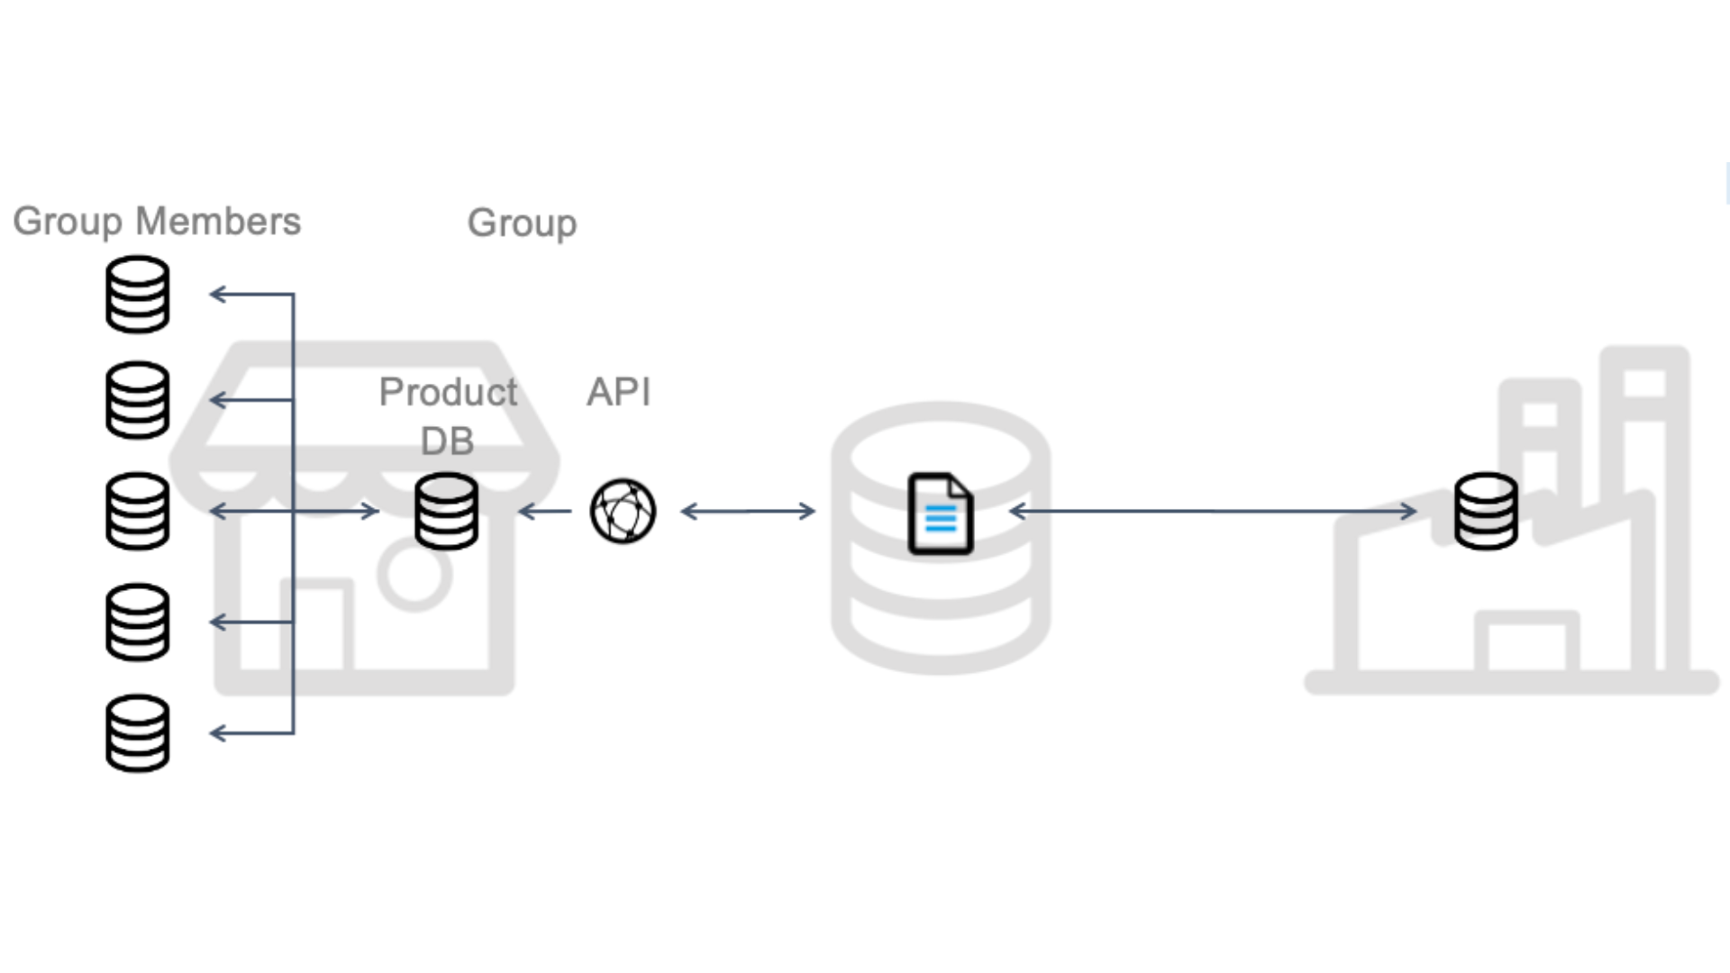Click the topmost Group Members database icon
tap(137, 295)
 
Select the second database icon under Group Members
tap(137, 400)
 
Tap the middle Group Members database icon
tap(137, 511)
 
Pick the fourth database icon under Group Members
tap(137, 622)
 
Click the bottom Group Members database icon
tap(137, 732)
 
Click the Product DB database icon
tap(446, 511)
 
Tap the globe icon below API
tap(623, 511)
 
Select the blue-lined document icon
tap(940, 514)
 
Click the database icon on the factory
tap(1486, 511)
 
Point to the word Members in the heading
tap(218, 222)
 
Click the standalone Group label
tap(522, 223)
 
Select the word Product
tap(448, 392)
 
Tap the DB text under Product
tap(447, 441)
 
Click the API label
tap(618, 392)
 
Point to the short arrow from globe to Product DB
tap(545, 512)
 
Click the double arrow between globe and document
tap(748, 512)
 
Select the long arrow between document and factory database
tap(1212, 512)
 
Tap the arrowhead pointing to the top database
tap(217, 294)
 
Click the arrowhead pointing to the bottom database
tap(217, 733)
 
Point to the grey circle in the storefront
tap(414, 575)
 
